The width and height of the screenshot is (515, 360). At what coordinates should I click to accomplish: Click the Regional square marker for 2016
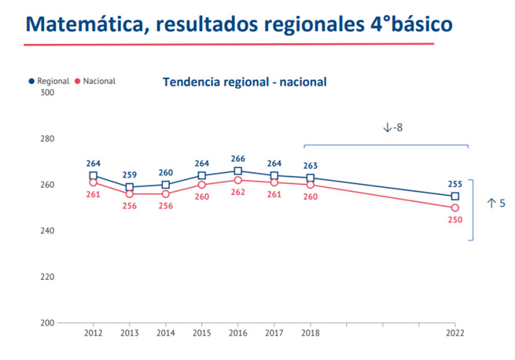(x=237, y=171)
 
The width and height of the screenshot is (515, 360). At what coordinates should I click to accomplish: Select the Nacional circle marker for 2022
(x=454, y=208)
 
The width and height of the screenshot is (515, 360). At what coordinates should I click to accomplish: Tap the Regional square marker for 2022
(x=454, y=197)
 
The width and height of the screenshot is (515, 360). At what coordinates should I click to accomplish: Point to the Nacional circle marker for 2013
(x=130, y=193)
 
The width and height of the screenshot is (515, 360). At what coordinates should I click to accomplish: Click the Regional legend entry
(x=49, y=81)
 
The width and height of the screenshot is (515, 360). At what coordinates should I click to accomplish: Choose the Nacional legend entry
(x=95, y=81)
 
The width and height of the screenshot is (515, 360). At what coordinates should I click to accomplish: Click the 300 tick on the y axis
(x=46, y=93)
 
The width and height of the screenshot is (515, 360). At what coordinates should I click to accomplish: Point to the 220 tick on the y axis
(x=46, y=277)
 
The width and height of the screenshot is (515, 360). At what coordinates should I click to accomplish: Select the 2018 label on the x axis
(x=310, y=333)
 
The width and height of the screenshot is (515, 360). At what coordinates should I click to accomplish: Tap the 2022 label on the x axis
(x=454, y=333)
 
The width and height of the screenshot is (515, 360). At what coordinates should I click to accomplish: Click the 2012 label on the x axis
(x=94, y=333)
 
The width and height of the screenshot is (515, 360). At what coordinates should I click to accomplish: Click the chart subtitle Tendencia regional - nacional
(x=244, y=81)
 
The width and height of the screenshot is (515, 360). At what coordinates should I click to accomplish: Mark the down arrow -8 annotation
(x=392, y=127)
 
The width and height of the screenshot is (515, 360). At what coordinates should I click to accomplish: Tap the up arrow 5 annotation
(x=495, y=204)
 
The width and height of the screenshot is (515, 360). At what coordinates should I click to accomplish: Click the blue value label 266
(x=237, y=159)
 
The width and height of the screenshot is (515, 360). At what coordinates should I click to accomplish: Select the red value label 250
(x=454, y=221)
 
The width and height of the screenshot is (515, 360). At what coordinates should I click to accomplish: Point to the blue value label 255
(x=454, y=184)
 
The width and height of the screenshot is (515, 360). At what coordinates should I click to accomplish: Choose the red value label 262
(x=237, y=191)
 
